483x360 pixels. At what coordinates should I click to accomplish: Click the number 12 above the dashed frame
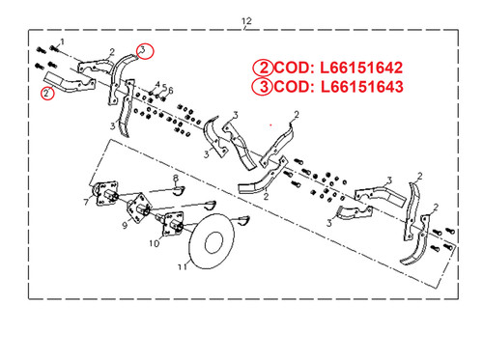click(x=246, y=21)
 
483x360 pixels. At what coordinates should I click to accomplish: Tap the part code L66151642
click(x=361, y=68)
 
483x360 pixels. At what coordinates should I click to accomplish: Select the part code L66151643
click(x=361, y=87)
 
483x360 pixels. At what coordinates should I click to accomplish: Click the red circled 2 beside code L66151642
click(x=263, y=68)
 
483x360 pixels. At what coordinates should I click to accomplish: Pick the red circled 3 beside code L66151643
click(x=263, y=87)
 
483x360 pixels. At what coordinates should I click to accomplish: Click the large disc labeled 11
click(x=212, y=241)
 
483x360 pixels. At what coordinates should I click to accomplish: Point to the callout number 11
click(x=182, y=266)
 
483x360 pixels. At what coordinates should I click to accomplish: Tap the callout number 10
click(x=155, y=243)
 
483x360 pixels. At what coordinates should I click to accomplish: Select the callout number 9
click(x=125, y=226)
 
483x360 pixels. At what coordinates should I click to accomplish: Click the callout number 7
click(x=86, y=202)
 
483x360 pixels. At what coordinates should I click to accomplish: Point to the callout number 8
click(x=176, y=178)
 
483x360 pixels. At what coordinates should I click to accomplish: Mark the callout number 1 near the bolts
click(x=62, y=42)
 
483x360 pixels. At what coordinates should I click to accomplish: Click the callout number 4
click(x=157, y=85)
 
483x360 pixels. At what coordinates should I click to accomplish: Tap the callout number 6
click(x=171, y=91)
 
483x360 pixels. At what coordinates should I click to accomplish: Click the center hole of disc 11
click(x=213, y=242)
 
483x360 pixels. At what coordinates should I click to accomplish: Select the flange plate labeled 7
click(x=103, y=193)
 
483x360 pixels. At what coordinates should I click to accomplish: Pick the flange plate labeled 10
click(x=173, y=224)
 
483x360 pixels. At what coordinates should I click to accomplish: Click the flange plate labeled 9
click(x=139, y=208)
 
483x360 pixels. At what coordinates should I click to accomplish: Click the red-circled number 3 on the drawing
click(x=145, y=51)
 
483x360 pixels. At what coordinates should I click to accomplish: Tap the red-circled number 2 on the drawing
click(x=47, y=94)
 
